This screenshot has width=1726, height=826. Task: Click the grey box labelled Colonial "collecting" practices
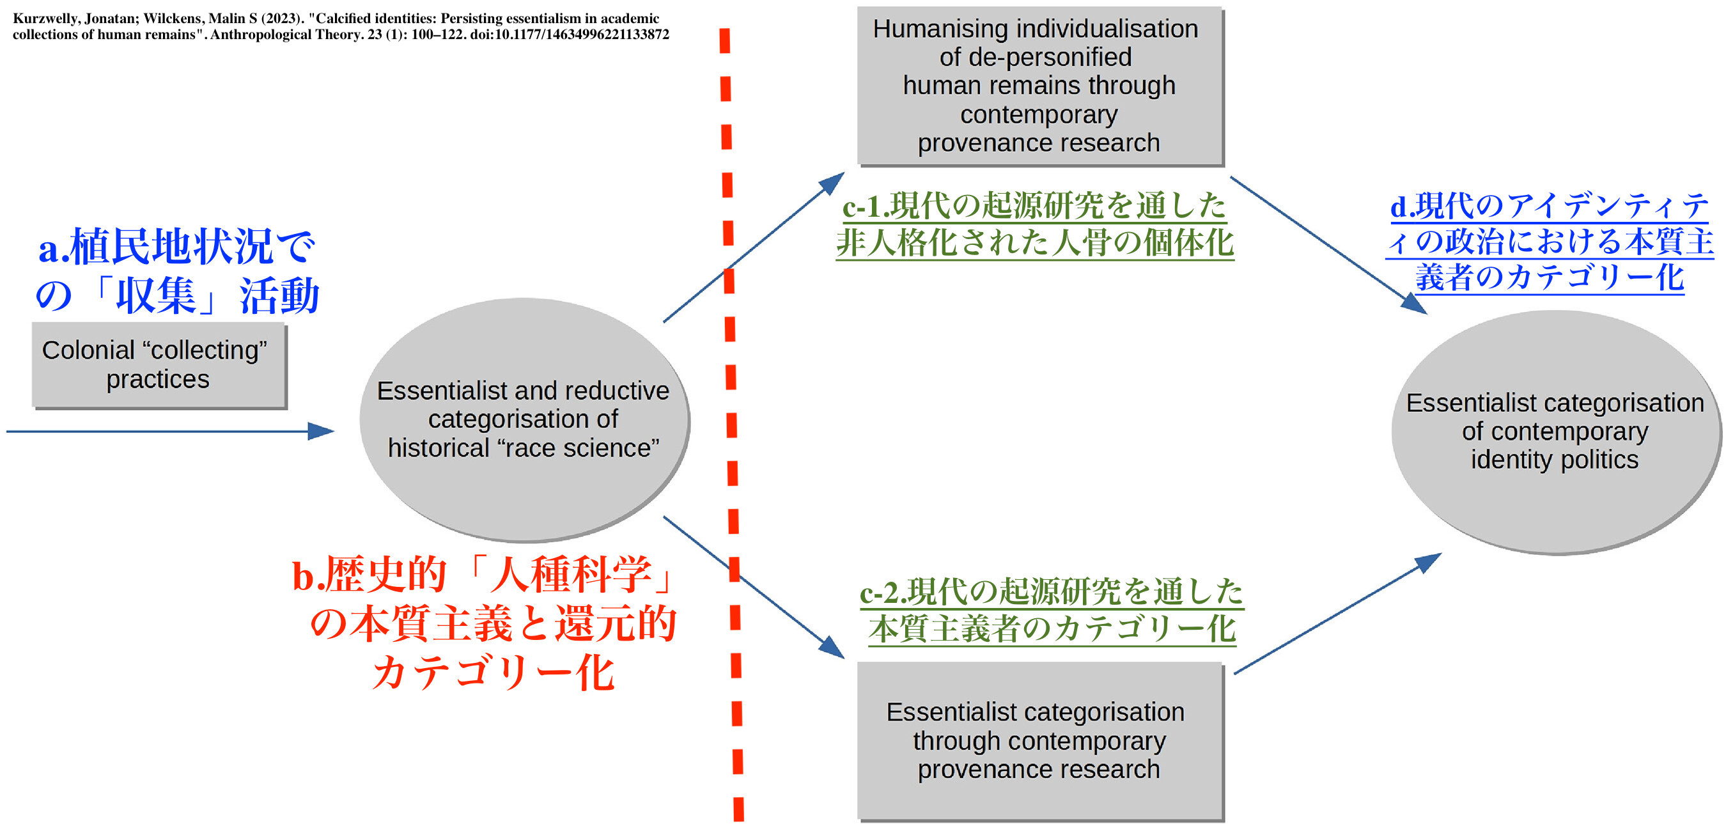(x=159, y=365)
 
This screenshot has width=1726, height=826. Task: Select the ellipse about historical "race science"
(x=525, y=419)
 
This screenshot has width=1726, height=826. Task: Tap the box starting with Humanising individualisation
(x=1040, y=86)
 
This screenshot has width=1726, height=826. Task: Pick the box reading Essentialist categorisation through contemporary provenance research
(x=1040, y=741)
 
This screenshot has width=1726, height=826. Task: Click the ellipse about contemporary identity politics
(x=1556, y=432)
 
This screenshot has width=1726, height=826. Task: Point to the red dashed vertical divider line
(x=731, y=425)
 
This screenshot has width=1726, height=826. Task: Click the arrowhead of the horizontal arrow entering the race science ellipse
(x=322, y=431)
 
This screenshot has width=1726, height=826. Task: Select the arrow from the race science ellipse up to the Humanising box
(x=754, y=247)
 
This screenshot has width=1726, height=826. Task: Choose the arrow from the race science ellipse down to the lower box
(x=754, y=587)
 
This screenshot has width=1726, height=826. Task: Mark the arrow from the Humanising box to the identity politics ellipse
(x=1328, y=245)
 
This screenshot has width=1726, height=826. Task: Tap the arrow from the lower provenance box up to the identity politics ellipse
(x=1337, y=613)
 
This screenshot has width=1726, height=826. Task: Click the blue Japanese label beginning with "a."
(x=178, y=270)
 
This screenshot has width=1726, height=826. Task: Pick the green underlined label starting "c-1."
(x=1034, y=224)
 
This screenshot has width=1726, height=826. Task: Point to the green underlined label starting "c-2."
(x=1052, y=611)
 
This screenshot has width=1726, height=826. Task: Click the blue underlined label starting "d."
(x=1550, y=241)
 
